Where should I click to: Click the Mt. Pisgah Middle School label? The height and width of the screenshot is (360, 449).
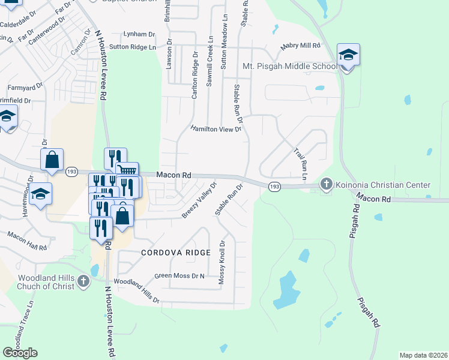pos(290,66)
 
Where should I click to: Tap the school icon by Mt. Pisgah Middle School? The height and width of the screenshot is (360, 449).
pos(348,56)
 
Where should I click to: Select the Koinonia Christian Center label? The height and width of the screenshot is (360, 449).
pos(384,185)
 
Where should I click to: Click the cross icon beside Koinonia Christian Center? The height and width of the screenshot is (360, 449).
pos(327,184)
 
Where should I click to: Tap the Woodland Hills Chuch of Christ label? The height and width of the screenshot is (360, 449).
pos(46,282)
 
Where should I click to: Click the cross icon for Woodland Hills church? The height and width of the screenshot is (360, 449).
pos(85,280)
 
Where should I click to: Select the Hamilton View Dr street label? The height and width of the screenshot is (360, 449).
pos(215,129)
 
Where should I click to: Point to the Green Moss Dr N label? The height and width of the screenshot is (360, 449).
pos(179,276)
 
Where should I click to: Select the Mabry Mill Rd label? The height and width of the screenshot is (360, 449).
pos(300,46)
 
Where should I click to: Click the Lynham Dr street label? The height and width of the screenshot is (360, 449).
pos(139,34)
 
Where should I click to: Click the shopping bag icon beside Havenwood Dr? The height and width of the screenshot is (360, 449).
pos(52,160)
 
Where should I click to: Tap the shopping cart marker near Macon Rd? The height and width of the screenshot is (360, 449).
pos(126,172)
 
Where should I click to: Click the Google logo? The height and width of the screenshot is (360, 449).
pos(20,353)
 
